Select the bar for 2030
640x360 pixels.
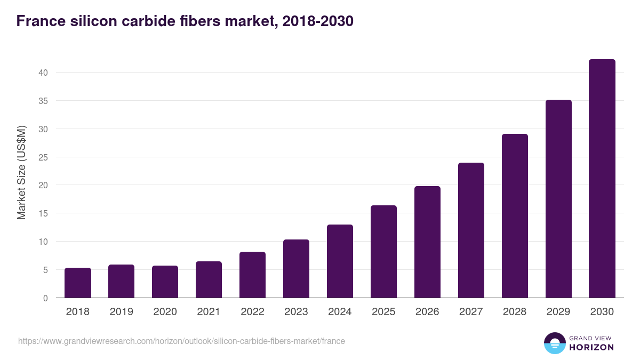602,179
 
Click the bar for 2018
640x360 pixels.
78,283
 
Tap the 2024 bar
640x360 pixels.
340,261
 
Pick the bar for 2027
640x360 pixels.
471,230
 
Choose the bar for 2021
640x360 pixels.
209,279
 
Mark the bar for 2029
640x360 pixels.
558,199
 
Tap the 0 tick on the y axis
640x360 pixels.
46,298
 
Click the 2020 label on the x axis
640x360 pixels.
165,312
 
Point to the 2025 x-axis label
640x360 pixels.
383,312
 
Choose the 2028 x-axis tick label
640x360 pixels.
515,312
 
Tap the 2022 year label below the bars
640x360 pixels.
252,312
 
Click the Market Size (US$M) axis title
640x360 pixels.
21,173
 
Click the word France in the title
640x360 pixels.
41,21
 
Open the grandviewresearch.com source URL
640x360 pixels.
181,341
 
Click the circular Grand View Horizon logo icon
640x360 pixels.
555,343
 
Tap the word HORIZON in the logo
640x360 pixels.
591,347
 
